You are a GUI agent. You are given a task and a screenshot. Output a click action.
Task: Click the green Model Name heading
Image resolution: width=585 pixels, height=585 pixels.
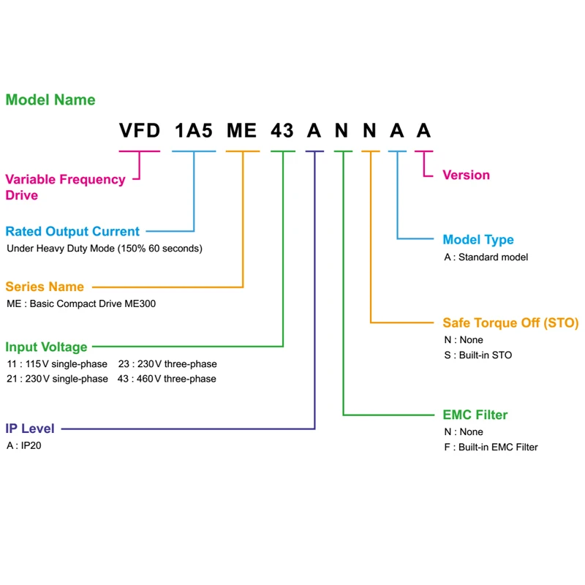[x=50, y=100]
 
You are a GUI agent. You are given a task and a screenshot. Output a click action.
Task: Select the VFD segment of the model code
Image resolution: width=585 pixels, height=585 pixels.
[x=140, y=132]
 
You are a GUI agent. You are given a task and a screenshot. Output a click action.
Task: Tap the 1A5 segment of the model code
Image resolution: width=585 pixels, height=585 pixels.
[x=194, y=132]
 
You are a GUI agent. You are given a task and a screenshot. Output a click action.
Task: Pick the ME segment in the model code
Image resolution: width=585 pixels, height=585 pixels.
[x=242, y=132]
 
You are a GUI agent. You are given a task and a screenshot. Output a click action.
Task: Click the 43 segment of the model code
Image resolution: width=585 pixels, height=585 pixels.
[x=282, y=132]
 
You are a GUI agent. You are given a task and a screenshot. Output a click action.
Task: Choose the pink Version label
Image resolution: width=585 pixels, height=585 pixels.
[x=466, y=175]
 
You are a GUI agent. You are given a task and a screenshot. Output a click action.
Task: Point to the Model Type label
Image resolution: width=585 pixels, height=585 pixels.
[x=478, y=240]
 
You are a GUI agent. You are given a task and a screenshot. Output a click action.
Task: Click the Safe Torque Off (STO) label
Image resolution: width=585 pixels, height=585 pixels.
[x=510, y=322]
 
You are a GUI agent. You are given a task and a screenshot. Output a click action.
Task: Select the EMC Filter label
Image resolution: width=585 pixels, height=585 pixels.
[x=475, y=415]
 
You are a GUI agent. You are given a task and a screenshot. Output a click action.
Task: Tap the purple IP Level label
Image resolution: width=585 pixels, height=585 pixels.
[x=30, y=429]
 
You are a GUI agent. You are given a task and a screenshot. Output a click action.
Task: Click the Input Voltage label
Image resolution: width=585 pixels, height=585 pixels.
[x=46, y=347]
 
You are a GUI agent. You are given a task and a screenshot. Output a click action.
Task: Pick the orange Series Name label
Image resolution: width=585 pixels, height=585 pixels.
[x=45, y=287]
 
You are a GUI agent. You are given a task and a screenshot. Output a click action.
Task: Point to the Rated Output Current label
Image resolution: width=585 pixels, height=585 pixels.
[x=72, y=232]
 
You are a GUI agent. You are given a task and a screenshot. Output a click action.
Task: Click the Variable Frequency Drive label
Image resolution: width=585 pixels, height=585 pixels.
[x=65, y=186]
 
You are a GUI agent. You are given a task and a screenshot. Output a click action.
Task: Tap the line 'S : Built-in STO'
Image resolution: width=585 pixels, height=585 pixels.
[x=478, y=355]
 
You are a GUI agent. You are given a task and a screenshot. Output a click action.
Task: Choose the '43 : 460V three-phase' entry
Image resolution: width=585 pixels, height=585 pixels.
[x=167, y=379]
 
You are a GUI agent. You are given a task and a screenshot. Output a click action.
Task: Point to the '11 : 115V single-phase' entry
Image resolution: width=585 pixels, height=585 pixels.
[x=57, y=363]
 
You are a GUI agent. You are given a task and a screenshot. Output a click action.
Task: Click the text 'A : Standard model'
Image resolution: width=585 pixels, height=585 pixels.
[x=486, y=257]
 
